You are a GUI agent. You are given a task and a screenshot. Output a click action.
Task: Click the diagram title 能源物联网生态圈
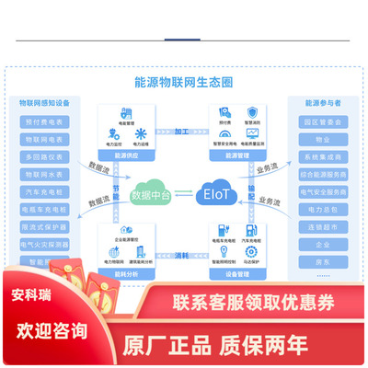point(183,81)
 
